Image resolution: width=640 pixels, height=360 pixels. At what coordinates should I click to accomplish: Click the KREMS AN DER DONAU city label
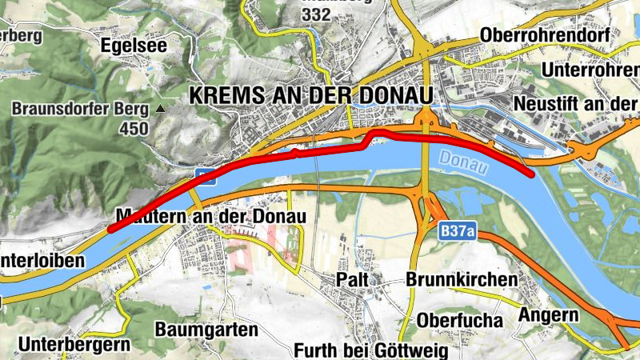310,94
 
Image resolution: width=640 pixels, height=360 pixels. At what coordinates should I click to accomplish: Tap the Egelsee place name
134,46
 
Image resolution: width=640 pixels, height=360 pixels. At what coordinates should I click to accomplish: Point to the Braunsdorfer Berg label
81,109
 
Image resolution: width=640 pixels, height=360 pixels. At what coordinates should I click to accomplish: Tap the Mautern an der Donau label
211,217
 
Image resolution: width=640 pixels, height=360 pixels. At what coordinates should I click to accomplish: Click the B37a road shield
457,232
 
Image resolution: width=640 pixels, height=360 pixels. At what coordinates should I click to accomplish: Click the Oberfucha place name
460,320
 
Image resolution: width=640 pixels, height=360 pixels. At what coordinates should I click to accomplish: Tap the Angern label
548,314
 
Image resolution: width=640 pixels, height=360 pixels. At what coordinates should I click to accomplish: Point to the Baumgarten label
207,329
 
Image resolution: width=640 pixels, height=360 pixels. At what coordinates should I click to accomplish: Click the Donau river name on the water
463,163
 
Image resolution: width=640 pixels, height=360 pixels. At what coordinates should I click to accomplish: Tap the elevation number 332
316,16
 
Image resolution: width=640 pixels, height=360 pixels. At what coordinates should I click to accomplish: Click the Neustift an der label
574,104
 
